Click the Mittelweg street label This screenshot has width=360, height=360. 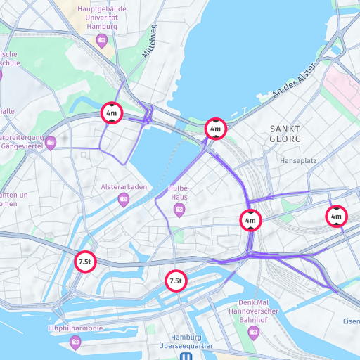[x=150, y=42]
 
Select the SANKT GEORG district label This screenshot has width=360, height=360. [x=285, y=134]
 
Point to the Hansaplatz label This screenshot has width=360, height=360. [x=298, y=160]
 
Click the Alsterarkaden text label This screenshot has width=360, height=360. [x=124, y=186]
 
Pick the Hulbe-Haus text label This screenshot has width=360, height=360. [x=179, y=193]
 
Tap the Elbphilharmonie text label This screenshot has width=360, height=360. [x=75, y=328]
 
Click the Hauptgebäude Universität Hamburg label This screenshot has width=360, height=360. [x=102, y=16]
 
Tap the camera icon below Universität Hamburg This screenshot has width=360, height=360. [x=102, y=40]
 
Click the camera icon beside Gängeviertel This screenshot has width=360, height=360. [x=51, y=143]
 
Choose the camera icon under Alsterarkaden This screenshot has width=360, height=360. [x=124, y=200]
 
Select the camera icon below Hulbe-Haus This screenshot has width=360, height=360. [x=179, y=210]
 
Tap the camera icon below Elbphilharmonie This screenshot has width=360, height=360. [x=75, y=342]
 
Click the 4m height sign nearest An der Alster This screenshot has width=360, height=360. [x=215, y=129]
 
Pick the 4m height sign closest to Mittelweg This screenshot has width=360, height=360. [x=112, y=112]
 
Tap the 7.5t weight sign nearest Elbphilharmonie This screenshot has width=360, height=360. [x=85, y=262]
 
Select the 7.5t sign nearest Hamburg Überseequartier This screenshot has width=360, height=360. [x=176, y=281]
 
